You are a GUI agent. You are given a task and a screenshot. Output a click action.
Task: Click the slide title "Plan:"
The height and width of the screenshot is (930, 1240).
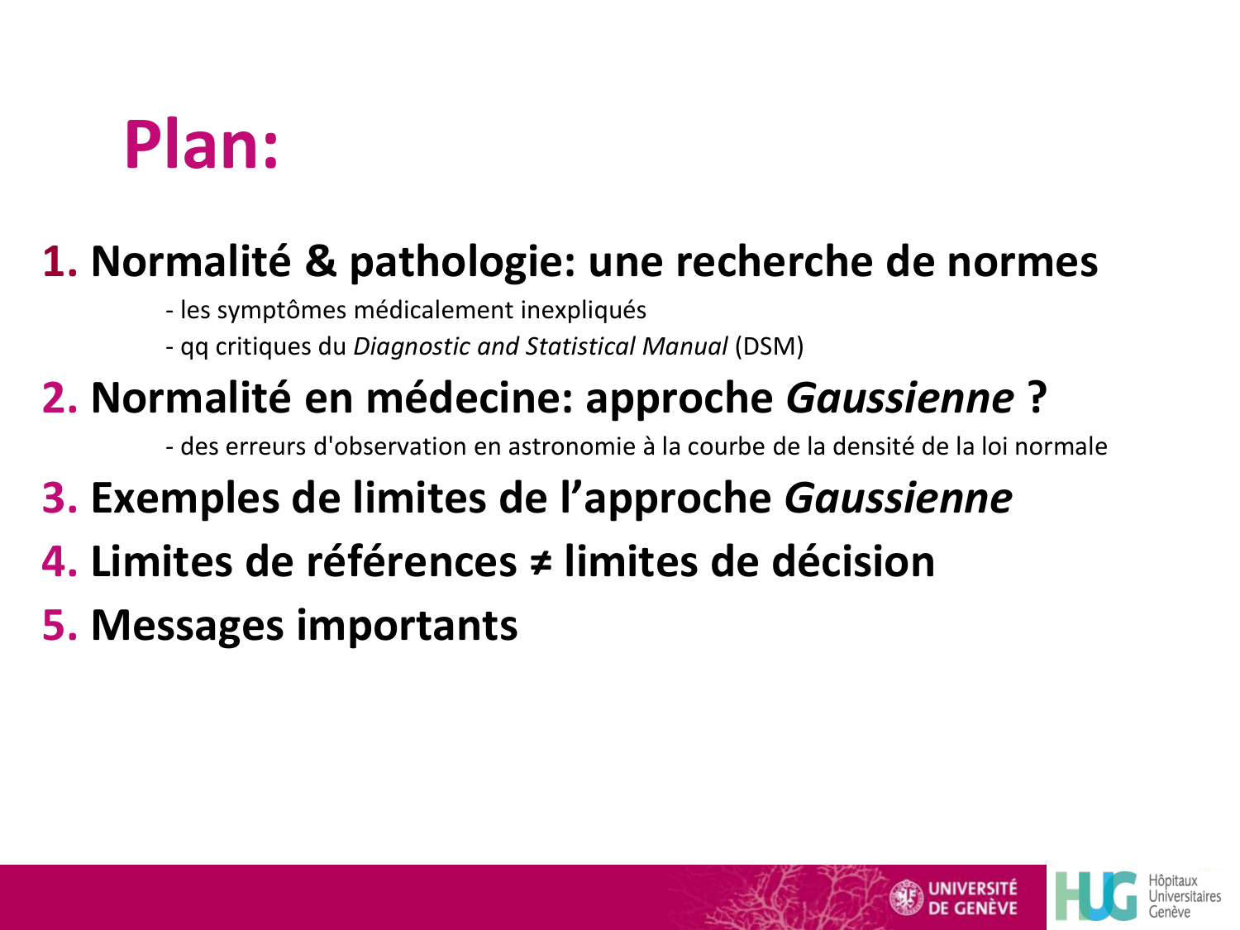pyautogui.click(x=202, y=145)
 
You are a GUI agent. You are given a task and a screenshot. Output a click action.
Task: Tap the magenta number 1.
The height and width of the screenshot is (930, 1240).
pyautogui.click(x=59, y=262)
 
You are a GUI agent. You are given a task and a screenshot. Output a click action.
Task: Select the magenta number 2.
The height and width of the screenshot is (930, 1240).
pyautogui.click(x=59, y=398)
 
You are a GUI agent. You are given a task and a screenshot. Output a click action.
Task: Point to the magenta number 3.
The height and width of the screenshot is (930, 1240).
pyautogui.click(x=59, y=498)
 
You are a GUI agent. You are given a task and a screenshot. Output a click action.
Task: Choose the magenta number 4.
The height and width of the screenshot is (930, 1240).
pyautogui.click(x=59, y=562)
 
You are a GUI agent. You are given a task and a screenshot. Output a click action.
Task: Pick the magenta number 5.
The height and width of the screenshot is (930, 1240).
pyautogui.click(x=59, y=626)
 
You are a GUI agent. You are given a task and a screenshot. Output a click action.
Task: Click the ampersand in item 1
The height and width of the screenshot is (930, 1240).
pyautogui.click(x=321, y=262)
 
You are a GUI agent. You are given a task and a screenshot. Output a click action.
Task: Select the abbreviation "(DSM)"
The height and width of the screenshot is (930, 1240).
pyautogui.click(x=769, y=346)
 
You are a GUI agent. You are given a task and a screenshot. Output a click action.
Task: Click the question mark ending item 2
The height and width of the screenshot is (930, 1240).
pyautogui.click(x=1037, y=398)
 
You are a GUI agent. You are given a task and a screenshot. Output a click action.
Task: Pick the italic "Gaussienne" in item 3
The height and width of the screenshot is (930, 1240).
pyautogui.click(x=898, y=498)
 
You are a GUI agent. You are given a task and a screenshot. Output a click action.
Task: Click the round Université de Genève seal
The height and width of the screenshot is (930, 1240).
pyautogui.click(x=906, y=898)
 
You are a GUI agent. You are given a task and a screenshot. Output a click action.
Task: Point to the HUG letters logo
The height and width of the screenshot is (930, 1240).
pyautogui.click(x=1096, y=896)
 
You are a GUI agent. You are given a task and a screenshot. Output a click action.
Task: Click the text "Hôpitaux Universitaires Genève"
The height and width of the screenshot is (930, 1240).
pyautogui.click(x=1183, y=896)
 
